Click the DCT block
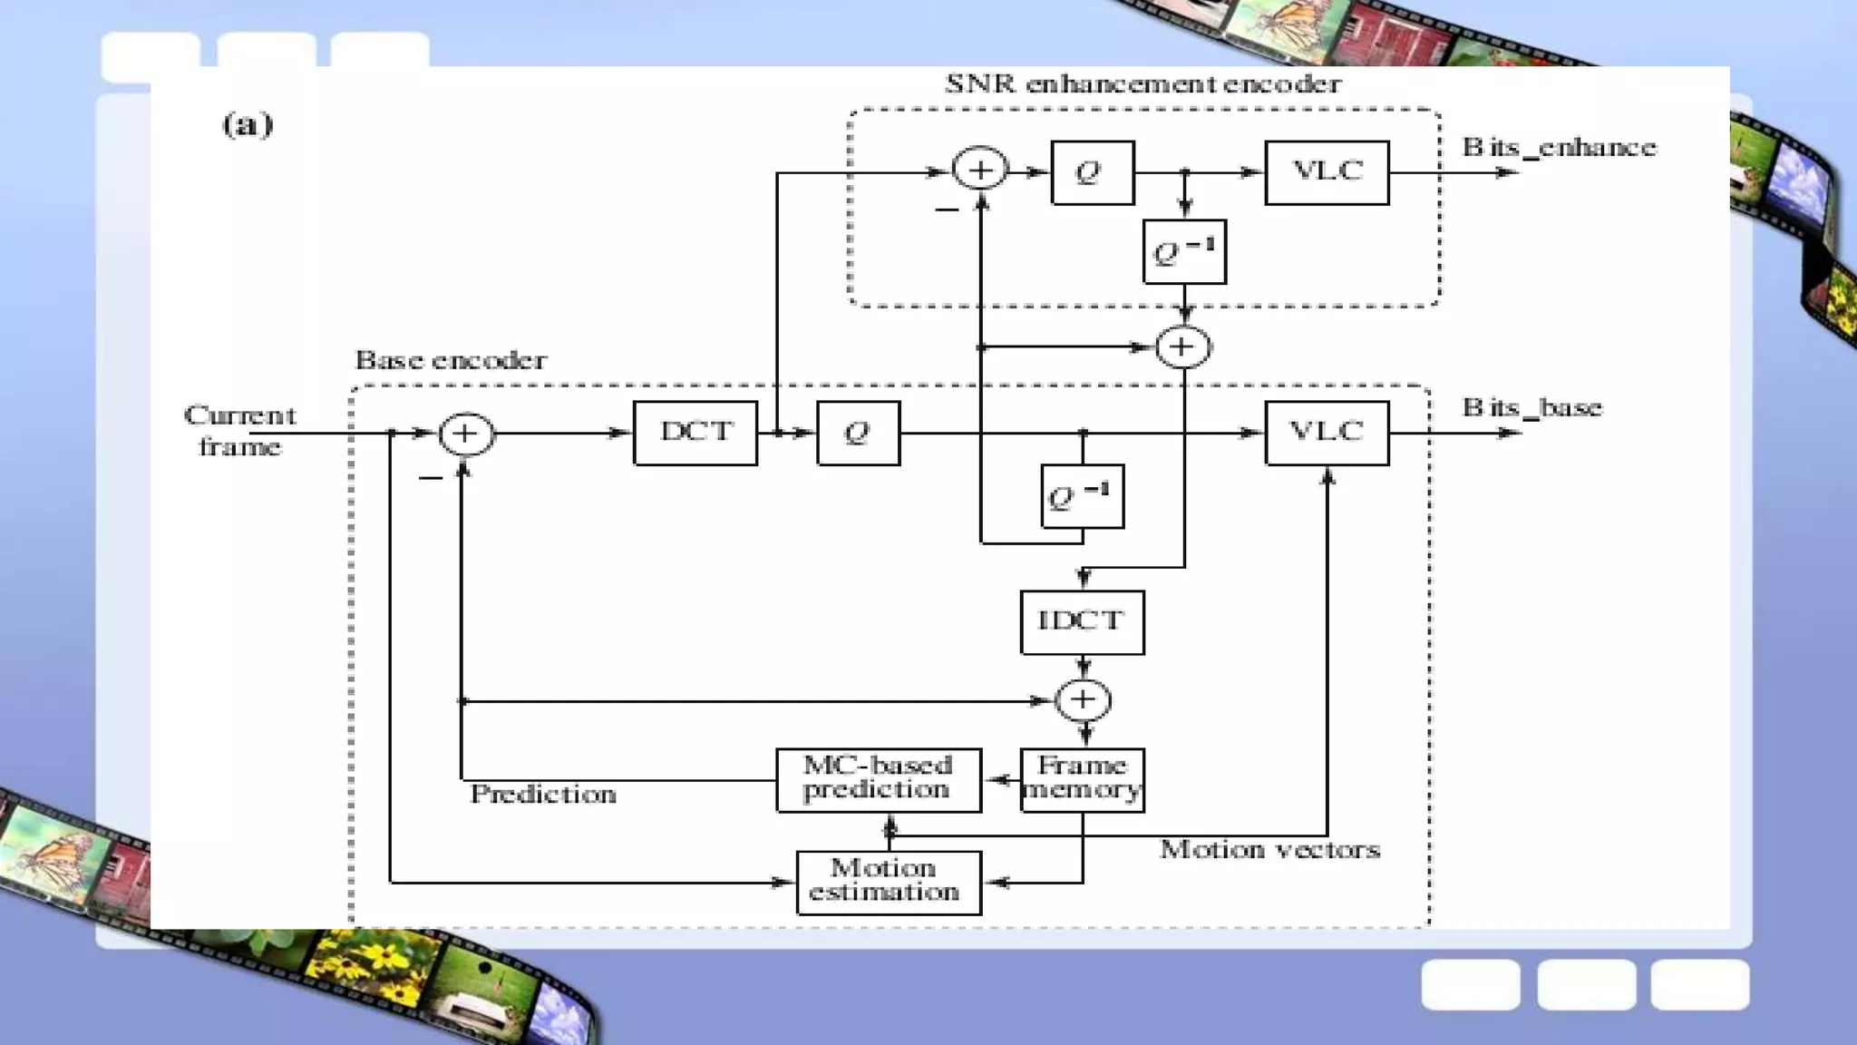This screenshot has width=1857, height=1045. pyautogui.click(x=695, y=433)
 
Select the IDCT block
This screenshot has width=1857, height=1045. pyautogui.click(x=1082, y=622)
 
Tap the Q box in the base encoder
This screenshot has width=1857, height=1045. pyautogui.click(x=858, y=433)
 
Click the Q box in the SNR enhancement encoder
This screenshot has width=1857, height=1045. pyautogui.click(x=1092, y=172)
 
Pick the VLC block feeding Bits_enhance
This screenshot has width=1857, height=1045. pyautogui.click(x=1327, y=172)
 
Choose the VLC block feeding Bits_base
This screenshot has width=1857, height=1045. pyautogui.click(x=1327, y=433)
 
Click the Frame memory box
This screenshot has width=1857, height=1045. pyautogui.click(x=1082, y=779)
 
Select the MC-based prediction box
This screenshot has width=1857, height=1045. pyautogui.click(x=878, y=779)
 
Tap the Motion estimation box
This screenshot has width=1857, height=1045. pyautogui.click(x=888, y=882)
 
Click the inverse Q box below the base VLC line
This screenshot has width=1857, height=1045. pyautogui.click(x=1082, y=496)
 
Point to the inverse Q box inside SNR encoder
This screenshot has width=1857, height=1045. pyautogui.click(x=1184, y=251)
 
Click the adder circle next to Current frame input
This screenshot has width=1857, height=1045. pyautogui.click(x=466, y=434)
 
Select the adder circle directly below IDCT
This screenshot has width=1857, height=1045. pyautogui.click(x=1084, y=699)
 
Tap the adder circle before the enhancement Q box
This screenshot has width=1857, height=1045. pyautogui.click(x=980, y=170)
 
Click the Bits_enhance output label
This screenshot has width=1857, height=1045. pyautogui.click(x=1559, y=148)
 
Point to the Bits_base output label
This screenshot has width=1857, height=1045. pyautogui.click(x=1531, y=408)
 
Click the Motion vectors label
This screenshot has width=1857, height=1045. pyautogui.click(x=1269, y=850)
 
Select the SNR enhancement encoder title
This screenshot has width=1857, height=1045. pyautogui.click(x=1142, y=84)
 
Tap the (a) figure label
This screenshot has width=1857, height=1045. pyautogui.click(x=247, y=124)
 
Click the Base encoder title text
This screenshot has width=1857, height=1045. pyautogui.click(x=451, y=361)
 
